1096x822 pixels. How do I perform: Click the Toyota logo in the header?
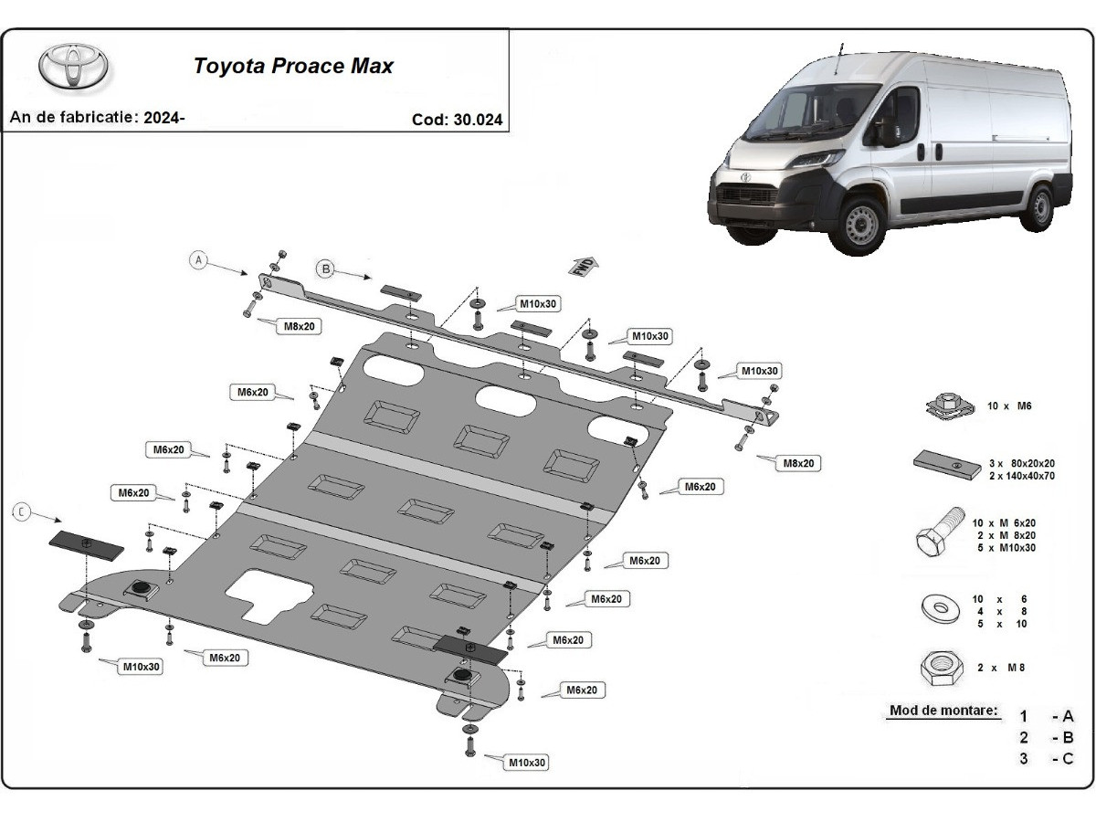pos(73,67)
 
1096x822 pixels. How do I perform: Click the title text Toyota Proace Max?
pos(292,67)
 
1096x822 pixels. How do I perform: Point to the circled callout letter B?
pos(324,268)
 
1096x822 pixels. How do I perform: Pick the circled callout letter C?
pos(20,512)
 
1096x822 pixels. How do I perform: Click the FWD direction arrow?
pos(584,266)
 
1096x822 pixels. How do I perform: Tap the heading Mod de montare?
pos(943,711)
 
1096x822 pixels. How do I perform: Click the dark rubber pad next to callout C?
pos(86,546)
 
